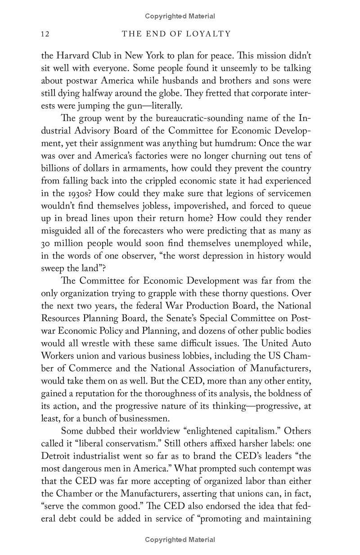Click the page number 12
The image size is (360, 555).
45,34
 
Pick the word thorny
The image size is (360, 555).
234,293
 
